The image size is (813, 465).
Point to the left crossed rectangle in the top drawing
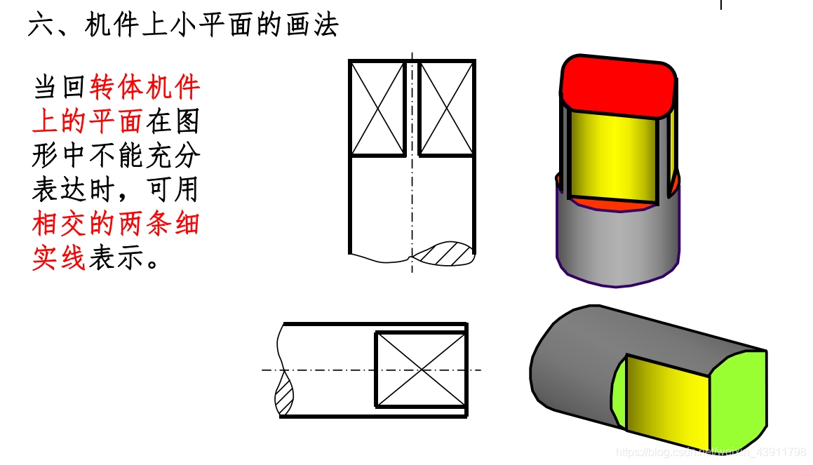(378, 108)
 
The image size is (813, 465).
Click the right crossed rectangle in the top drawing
(447, 108)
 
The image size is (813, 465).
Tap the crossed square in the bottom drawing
(421, 369)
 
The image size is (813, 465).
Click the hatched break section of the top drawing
(443, 253)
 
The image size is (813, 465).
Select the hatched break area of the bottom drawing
(285, 397)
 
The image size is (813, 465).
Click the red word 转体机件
(145, 88)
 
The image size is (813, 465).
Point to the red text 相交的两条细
(116, 225)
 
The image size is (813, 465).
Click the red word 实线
(59, 259)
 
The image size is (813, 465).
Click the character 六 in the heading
(41, 26)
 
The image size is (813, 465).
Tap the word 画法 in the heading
(312, 26)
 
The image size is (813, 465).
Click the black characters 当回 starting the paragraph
(60, 88)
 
